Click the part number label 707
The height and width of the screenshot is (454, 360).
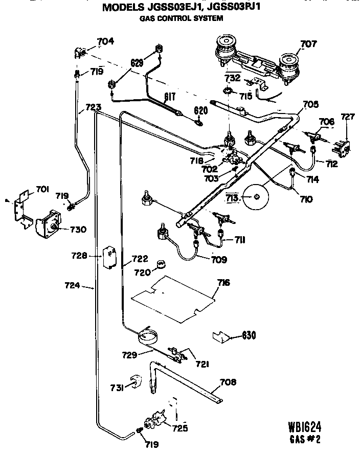(308, 44)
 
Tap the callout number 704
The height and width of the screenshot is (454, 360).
(105, 41)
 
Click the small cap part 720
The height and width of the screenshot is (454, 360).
(161, 264)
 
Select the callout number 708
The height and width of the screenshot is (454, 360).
(229, 381)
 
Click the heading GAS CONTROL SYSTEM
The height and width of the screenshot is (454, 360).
(182, 18)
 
